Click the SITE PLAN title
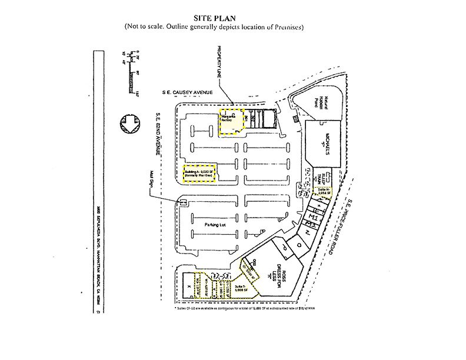click(x=213, y=18)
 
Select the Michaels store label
click(x=322, y=146)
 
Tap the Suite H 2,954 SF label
click(x=324, y=191)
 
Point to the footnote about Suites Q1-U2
click(x=241, y=308)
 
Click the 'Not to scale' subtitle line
click(x=213, y=28)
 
